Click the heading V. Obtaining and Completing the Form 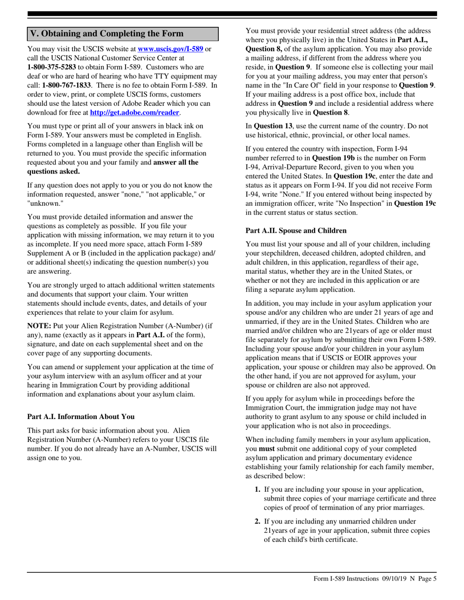(x=107, y=34)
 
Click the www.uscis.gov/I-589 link (x=170, y=49)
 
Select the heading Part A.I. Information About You (x=81, y=417)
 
